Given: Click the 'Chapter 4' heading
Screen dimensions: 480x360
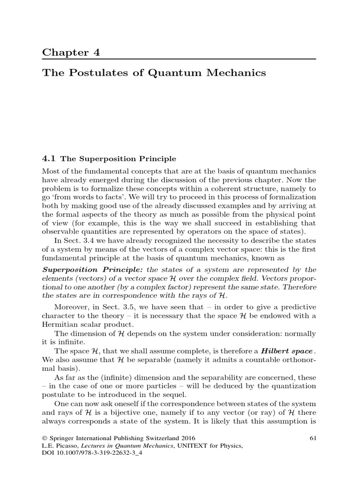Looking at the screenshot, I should (71, 52).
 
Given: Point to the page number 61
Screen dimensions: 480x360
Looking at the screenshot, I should (313, 438).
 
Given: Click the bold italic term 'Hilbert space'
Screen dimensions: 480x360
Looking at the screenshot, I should (287, 351).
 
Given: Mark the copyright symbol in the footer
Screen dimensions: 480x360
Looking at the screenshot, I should (45, 438).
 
